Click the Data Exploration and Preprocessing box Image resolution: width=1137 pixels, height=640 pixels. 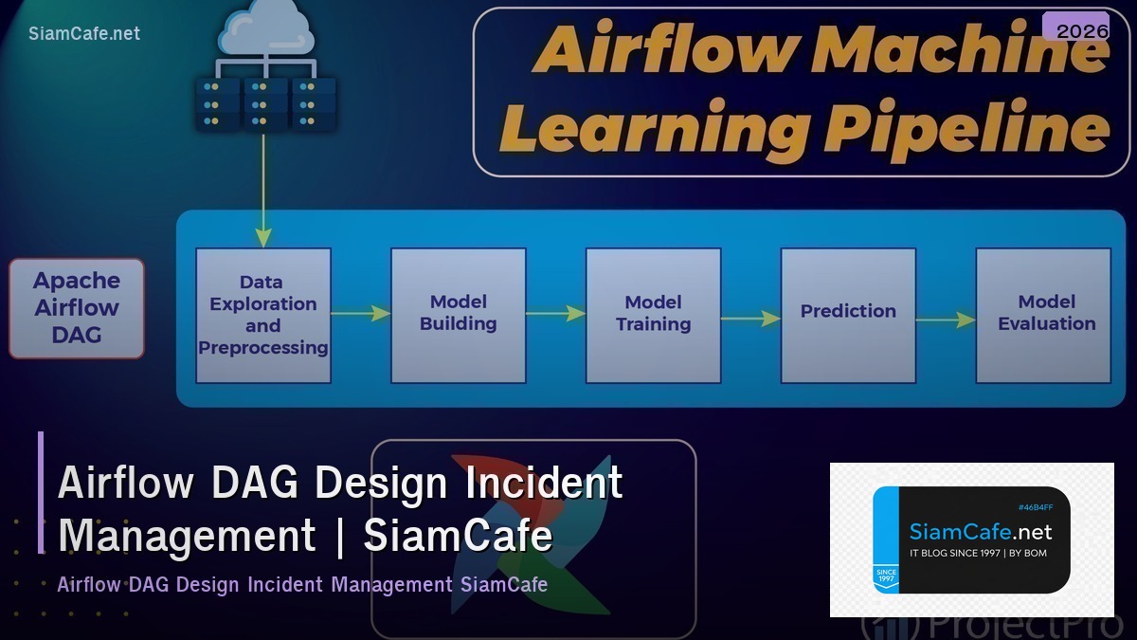[x=263, y=315]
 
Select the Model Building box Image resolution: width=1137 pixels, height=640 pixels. [x=459, y=315]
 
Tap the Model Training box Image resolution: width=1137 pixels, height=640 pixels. [x=653, y=315]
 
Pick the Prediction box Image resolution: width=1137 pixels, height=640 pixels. [x=848, y=315]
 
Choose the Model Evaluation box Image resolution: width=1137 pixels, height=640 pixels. [x=1043, y=315]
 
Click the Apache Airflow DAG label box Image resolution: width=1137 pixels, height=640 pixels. [x=77, y=308]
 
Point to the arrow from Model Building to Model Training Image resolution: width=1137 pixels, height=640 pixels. [x=555, y=313]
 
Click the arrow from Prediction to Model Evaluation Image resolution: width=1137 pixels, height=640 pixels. [x=946, y=320]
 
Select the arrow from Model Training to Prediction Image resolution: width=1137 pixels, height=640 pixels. [x=750, y=320]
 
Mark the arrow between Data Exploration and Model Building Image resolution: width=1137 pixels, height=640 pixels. [x=361, y=313]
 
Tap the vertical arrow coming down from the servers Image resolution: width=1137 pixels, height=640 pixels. [x=263, y=190]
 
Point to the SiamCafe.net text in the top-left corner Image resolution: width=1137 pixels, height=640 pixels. [x=84, y=33]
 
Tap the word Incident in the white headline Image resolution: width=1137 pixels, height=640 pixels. [x=544, y=483]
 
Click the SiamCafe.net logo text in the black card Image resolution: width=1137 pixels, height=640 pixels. [x=981, y=532]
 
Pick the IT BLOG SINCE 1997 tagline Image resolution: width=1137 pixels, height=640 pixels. [x=978, y=553]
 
